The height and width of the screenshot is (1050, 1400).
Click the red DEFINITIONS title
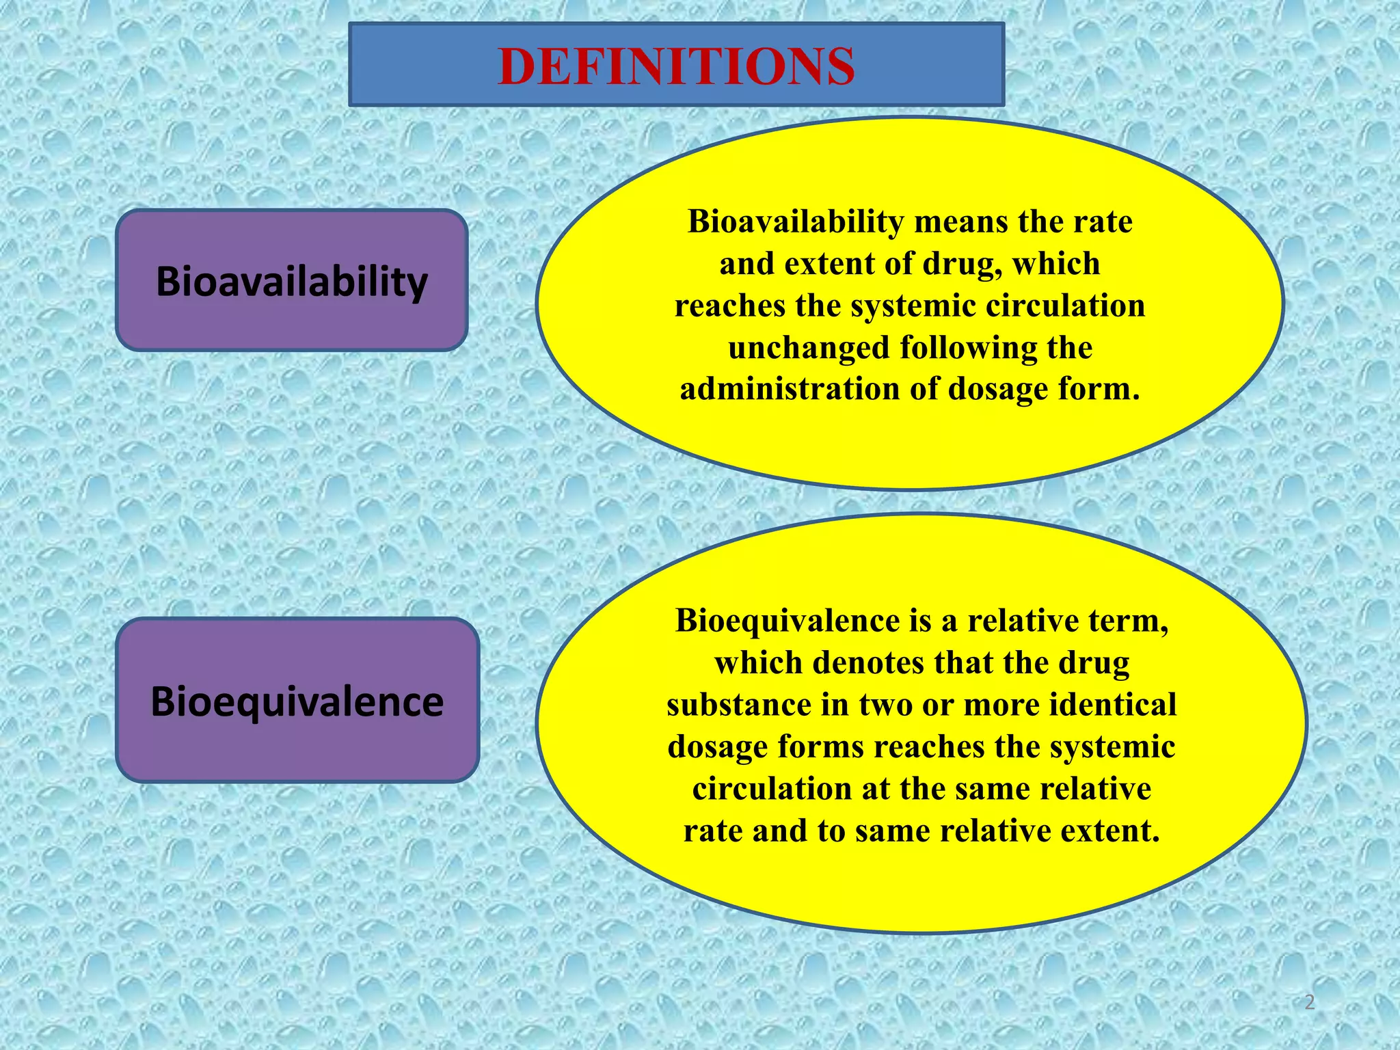pos(676,66)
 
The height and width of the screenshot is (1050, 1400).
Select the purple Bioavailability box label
pos(292,282)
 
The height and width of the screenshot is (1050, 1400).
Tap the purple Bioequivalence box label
pos(297,702)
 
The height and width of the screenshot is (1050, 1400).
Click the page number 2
pos(1309,1002)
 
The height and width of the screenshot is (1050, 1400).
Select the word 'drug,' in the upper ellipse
pos(962,265)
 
